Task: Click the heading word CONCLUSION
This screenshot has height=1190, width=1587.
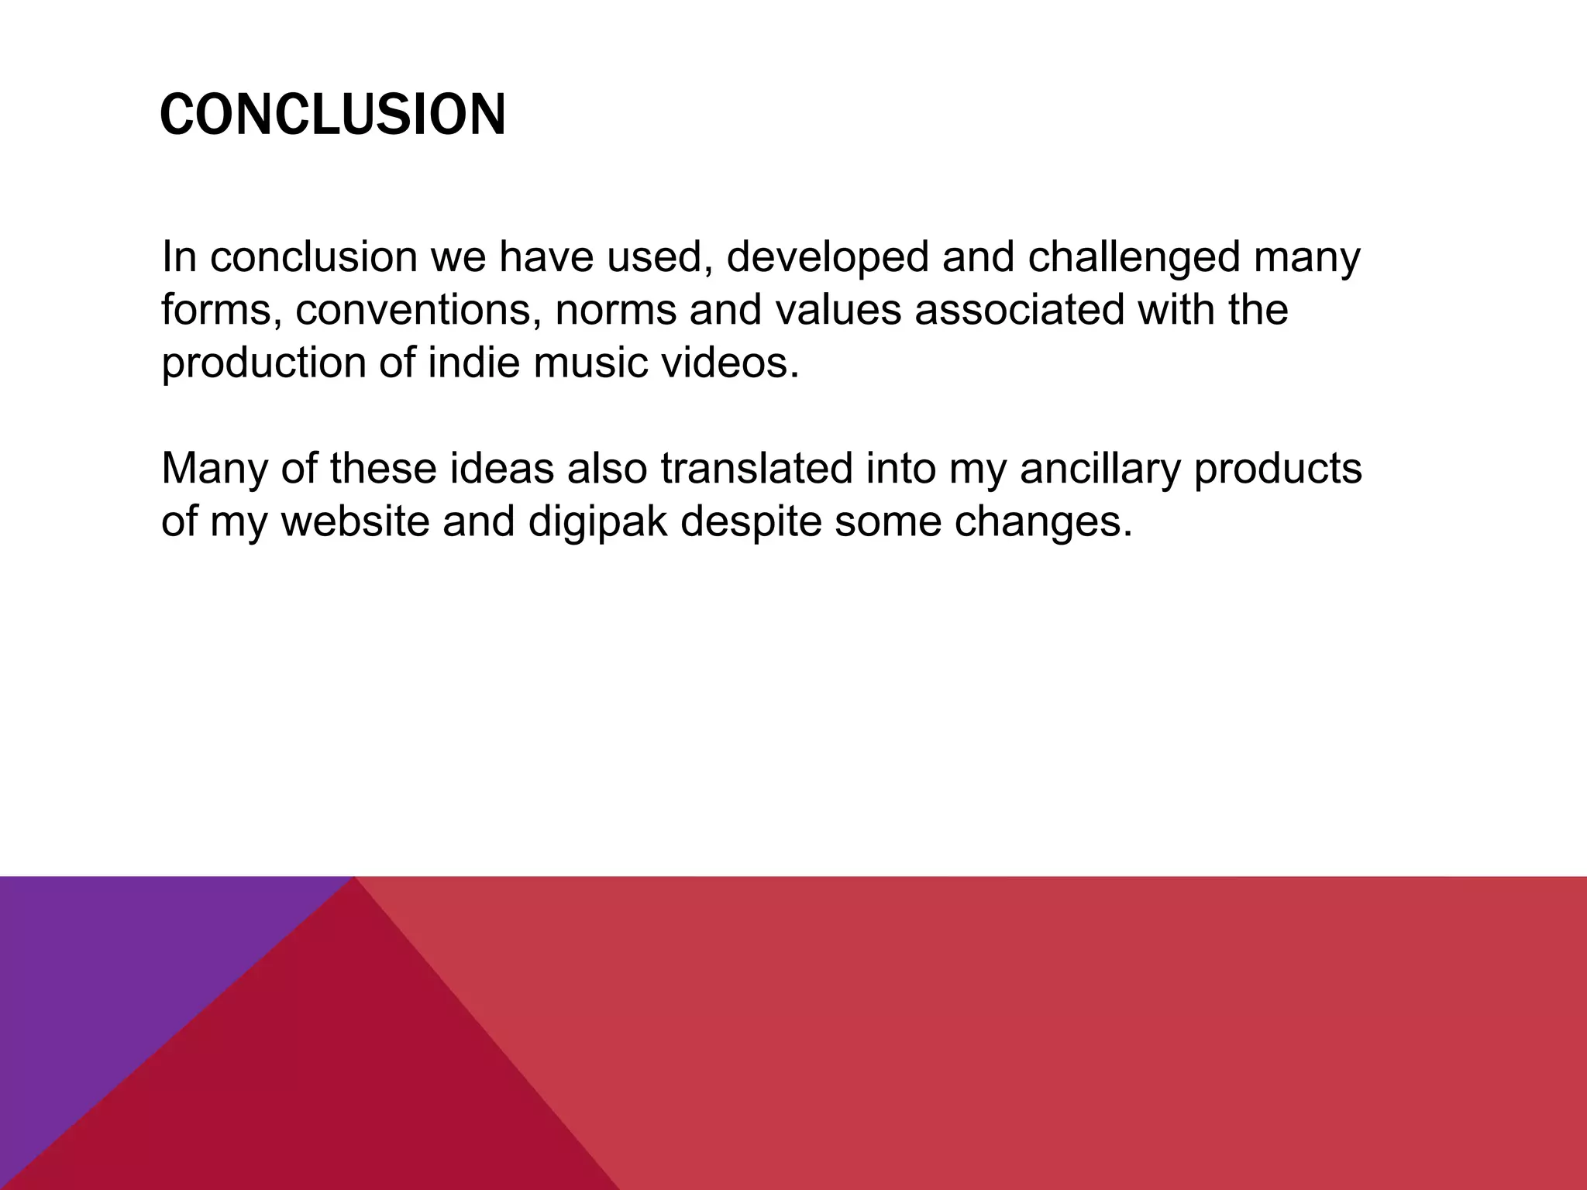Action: (332, 115)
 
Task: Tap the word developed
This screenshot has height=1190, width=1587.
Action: (827, 257)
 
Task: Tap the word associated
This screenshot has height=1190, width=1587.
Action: (1019, 310)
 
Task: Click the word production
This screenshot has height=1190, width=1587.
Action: (263, 363)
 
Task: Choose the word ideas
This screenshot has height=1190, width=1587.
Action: (502, 469)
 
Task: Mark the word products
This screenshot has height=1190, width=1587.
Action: (1278, 469)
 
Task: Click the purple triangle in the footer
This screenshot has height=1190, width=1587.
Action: (116, 976)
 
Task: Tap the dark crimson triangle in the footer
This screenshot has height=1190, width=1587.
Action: (325, 1085)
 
